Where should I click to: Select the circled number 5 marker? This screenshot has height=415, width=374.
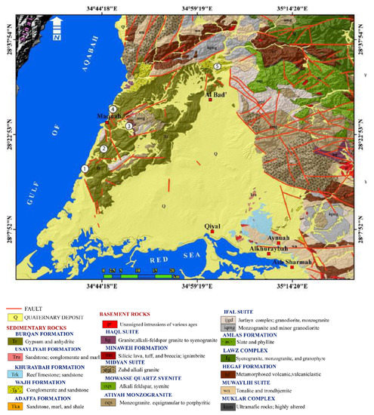tap(218, 67)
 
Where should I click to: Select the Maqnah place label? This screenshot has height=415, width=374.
tap(109, 118)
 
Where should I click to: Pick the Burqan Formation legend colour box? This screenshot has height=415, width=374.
tap(14, 341)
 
